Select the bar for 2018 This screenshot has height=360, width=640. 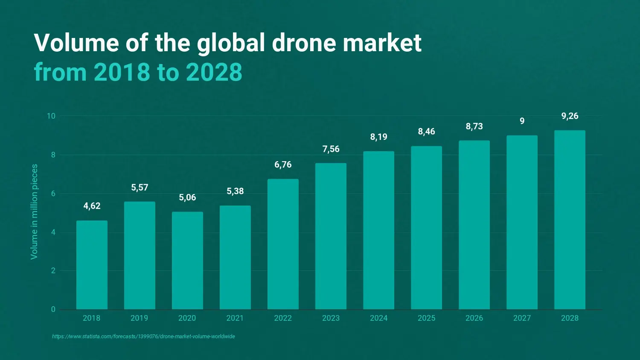point(92,265)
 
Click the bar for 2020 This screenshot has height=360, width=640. point(187,261)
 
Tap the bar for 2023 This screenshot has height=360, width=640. point(331,236)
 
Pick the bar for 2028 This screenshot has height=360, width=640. point(570,220)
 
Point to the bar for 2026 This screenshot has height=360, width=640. point(474,225)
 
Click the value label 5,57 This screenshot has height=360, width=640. point(140,188)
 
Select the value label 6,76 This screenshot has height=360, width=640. point(283,165)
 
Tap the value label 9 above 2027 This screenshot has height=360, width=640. point(522,122)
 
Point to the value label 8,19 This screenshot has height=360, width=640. point(378,137)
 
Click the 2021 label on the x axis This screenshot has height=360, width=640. point(235,318)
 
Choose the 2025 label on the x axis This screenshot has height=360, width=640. point(426,318)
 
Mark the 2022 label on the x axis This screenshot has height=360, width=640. point(283,318)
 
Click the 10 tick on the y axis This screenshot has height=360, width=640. point(51,116)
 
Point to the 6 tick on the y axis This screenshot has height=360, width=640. point(53,194)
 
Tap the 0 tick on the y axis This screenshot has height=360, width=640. point(53,310)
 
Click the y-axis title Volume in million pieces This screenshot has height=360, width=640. point(34,212)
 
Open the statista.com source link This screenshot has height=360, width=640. point(143,337)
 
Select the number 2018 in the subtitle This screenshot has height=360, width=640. point(122,72)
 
